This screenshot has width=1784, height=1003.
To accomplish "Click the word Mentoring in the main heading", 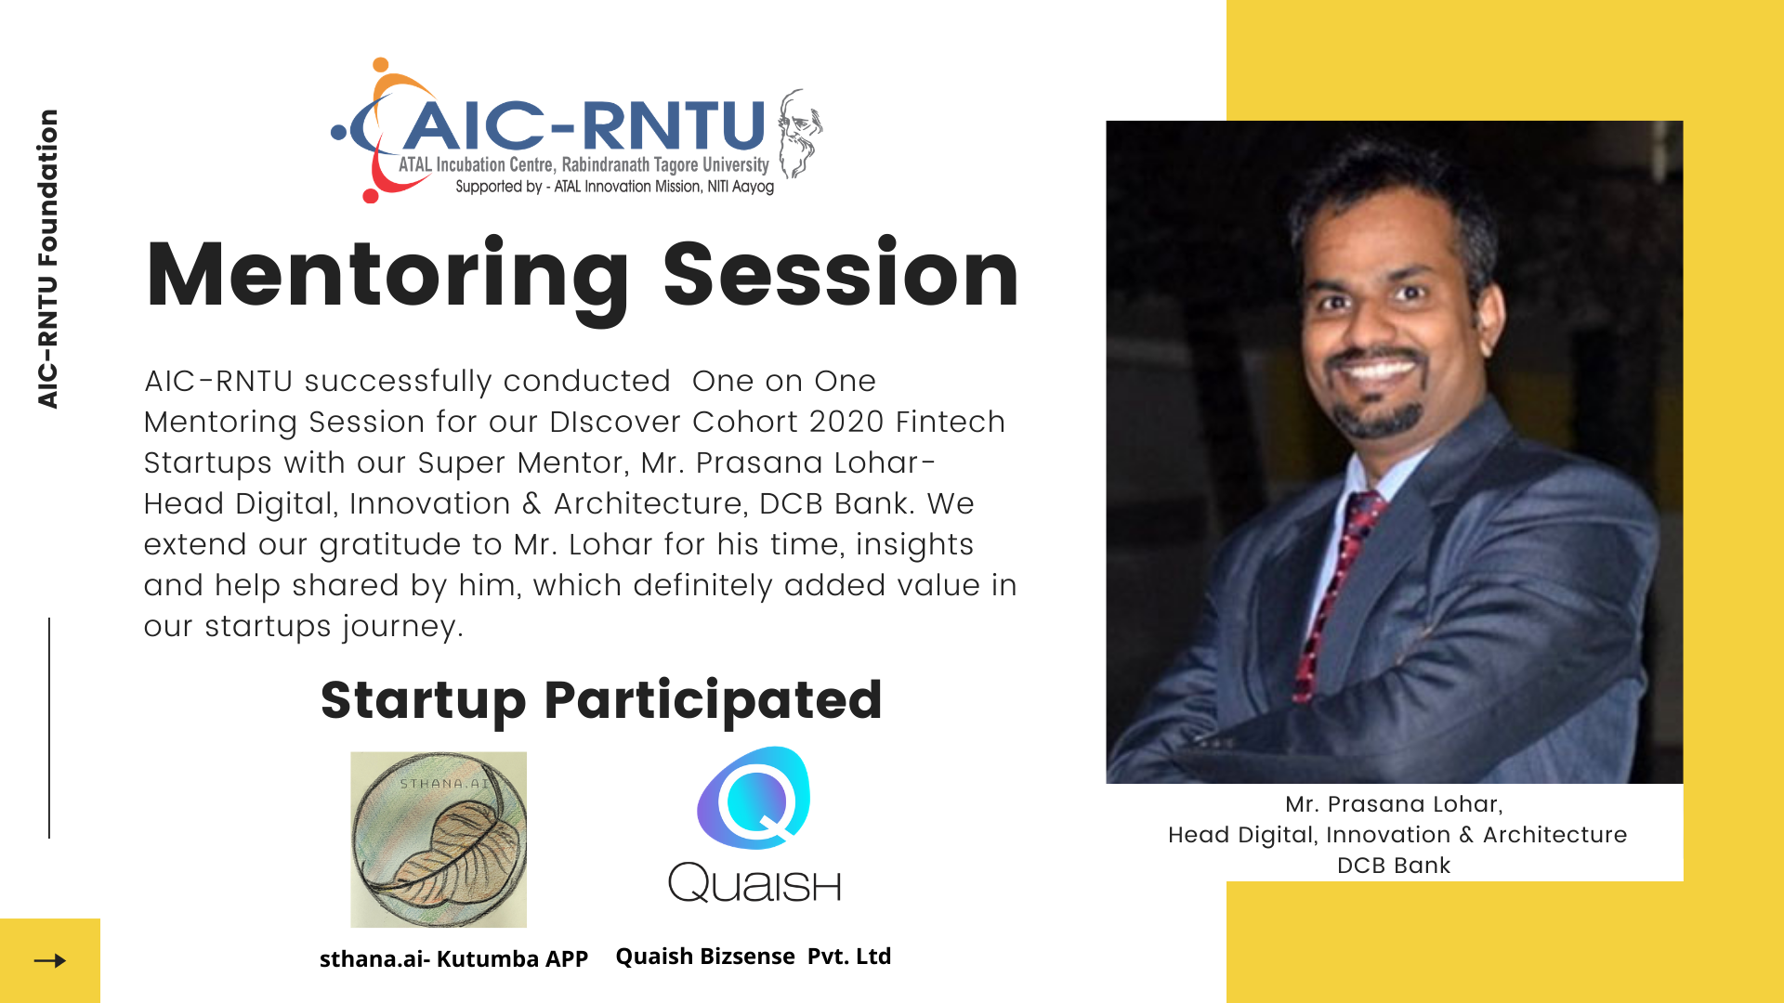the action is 388,278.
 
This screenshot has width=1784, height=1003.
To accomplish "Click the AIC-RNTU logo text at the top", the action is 584,125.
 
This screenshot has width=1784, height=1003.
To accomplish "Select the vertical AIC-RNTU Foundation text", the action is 47,259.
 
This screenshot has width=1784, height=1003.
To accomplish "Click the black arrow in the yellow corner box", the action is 50,960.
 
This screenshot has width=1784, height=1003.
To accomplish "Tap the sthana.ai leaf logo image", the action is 439,840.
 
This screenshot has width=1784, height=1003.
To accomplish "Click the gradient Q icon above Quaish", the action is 754,798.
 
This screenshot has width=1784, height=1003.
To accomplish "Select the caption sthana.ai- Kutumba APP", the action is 453,958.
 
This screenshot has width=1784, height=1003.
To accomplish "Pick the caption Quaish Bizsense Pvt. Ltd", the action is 754,957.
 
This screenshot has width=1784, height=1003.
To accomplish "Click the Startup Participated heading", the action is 601,701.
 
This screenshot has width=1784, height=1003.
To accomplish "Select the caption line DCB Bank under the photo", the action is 1394,866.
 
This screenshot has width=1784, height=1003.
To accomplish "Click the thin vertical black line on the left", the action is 49,728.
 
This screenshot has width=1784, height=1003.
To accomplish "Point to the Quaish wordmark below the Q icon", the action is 754,882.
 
